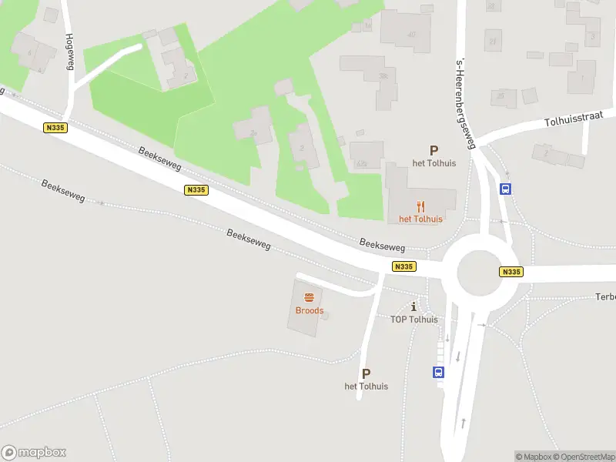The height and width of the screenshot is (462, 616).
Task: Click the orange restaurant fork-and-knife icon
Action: coord(420,206)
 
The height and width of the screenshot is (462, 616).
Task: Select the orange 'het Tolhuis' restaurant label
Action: coord(420,219)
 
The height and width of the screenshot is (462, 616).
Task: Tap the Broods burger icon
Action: coord(310,298)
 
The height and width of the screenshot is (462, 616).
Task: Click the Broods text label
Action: coord(310,311)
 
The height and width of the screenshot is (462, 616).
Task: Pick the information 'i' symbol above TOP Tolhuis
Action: coord(414,306)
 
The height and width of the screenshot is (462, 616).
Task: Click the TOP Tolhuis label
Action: coord(414,320)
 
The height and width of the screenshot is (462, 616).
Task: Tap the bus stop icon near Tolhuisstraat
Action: coord(506,189)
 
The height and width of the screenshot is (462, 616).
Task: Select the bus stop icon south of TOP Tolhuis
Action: coord(438,372)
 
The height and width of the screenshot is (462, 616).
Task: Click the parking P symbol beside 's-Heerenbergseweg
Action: coord(434,151)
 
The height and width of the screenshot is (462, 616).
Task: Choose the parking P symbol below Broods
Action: coord(366,373)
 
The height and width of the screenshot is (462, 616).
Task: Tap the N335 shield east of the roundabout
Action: coord(511,272)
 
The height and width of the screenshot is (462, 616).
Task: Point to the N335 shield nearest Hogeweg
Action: coord(54,129)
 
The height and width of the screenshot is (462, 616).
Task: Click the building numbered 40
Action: coord(411,34)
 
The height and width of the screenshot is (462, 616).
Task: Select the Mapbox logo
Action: coord(34,453)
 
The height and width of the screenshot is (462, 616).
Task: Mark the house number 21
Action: coord(493,42)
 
